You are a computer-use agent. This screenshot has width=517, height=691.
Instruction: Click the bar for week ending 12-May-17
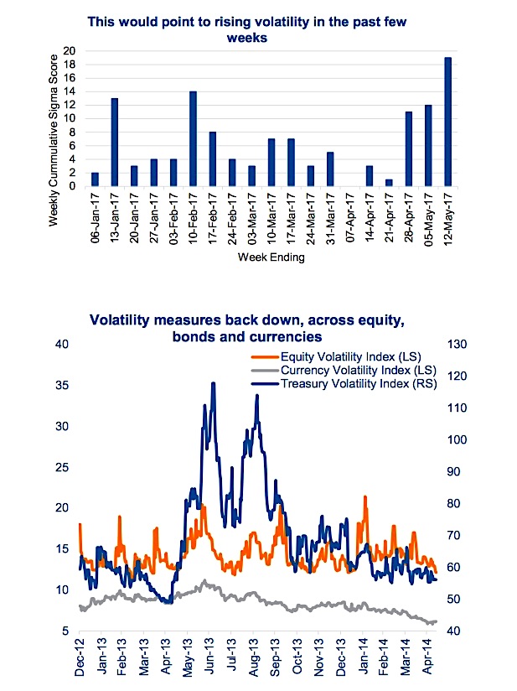tap(447, 122)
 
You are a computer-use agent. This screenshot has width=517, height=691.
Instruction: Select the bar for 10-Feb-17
tap(193, 138)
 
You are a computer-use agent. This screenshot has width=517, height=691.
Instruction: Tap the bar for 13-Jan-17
tap(115, 142)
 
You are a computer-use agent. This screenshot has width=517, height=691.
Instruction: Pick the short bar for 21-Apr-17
tap(389, 183)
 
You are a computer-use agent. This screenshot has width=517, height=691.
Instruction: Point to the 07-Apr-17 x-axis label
tap(350, 218)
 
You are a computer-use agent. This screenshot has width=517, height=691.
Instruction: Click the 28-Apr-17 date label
tap(409, 218)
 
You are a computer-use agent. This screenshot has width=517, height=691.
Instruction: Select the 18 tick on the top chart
tap(70, 65)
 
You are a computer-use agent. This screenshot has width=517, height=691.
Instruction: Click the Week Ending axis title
tap(271, 257)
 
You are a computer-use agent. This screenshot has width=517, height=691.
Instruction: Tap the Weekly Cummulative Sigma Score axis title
tap(54, 140)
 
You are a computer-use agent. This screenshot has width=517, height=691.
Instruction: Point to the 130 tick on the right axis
tap(458, 344)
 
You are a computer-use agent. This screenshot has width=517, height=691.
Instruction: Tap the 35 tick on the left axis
tap(62, 385)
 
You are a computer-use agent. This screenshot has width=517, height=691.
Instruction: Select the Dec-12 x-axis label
tap(80, 657)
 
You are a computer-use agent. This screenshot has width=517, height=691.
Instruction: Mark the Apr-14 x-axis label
tap(427, 657)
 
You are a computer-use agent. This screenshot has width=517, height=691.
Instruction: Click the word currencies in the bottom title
tap(285, 336)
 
